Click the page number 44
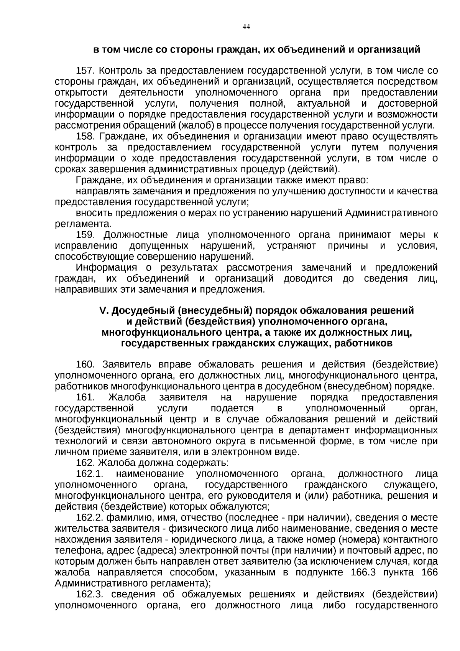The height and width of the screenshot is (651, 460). pos(246,26)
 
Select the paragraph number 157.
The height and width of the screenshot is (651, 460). pos(85,71)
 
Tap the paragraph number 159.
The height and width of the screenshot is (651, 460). pos(85,234)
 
